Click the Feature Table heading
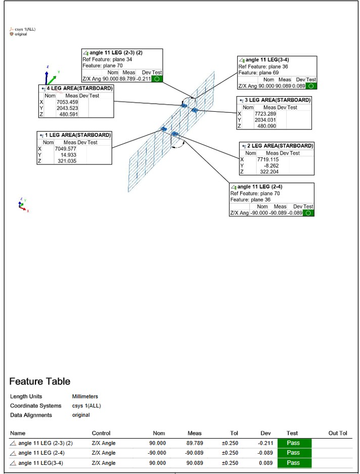(40, 381)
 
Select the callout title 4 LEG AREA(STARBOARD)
(79, 88)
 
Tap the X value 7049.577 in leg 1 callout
(65, 149)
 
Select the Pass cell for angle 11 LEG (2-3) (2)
(294, 443)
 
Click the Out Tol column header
(338, 433)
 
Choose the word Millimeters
(85, 397)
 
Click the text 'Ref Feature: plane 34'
(107, 59)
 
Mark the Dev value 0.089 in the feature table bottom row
(265, 463)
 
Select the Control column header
(101, 433)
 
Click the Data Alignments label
(31, 415)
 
